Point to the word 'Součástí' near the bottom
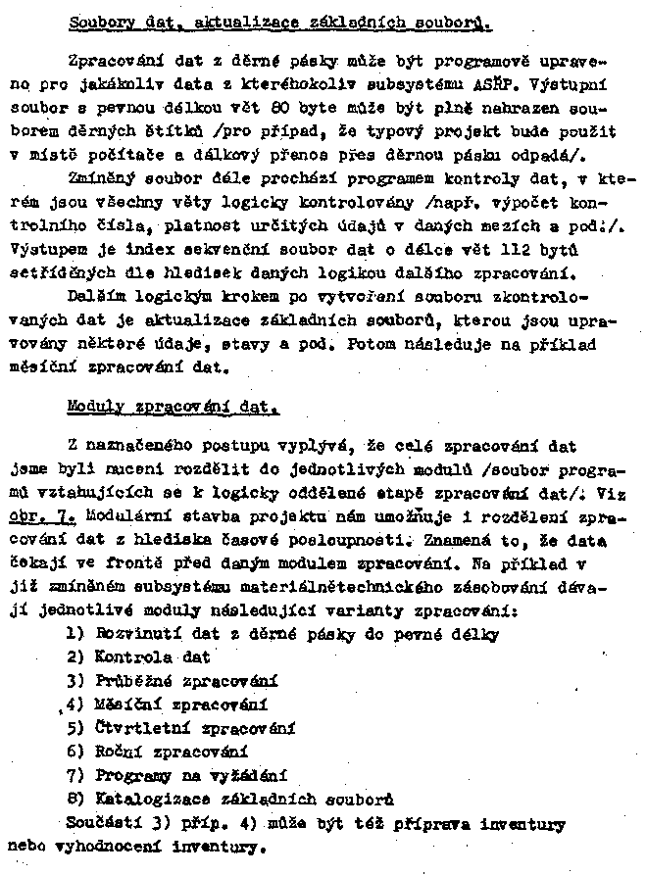[101, 823]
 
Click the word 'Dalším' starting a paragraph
[96, 294]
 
